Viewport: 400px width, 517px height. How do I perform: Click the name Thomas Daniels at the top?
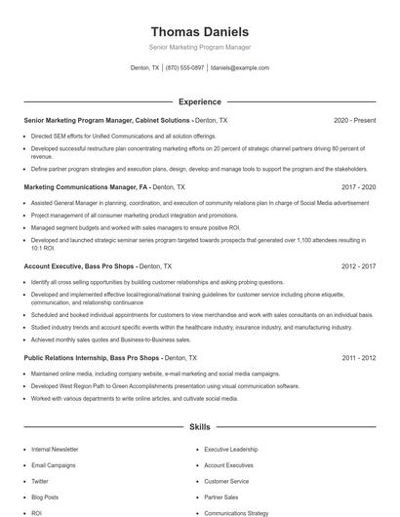tap(199, 31)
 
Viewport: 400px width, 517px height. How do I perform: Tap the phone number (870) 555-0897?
tap(184, 68)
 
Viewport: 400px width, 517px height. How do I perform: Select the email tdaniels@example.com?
tap(241, 68)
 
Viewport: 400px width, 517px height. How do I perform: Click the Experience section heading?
tap(199, 101)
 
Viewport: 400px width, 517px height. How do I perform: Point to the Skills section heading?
tap(199, 427)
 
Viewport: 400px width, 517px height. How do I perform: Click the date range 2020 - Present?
tap(354, 120)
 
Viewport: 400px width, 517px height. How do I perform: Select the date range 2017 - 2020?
tap(358, 185)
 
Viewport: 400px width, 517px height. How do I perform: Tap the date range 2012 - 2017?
tap(358, 265)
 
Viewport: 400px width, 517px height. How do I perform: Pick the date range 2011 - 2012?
tap(358, 358)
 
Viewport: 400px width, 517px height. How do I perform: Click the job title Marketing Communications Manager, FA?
tap(85, 185)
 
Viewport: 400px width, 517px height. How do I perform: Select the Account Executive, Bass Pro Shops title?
tap(79, 265)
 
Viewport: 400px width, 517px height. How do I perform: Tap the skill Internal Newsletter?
tap(55, 450)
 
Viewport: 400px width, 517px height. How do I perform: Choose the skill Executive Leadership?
tap(230, 450)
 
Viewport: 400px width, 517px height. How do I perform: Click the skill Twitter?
tap(40, 481)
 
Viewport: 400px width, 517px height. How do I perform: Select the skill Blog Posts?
tap(45, 497)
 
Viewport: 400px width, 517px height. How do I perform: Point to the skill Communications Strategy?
tap(235, 512)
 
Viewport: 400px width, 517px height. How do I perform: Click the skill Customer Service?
tap(226, 481)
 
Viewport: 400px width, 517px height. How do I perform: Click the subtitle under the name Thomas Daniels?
tap(199, 47)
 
